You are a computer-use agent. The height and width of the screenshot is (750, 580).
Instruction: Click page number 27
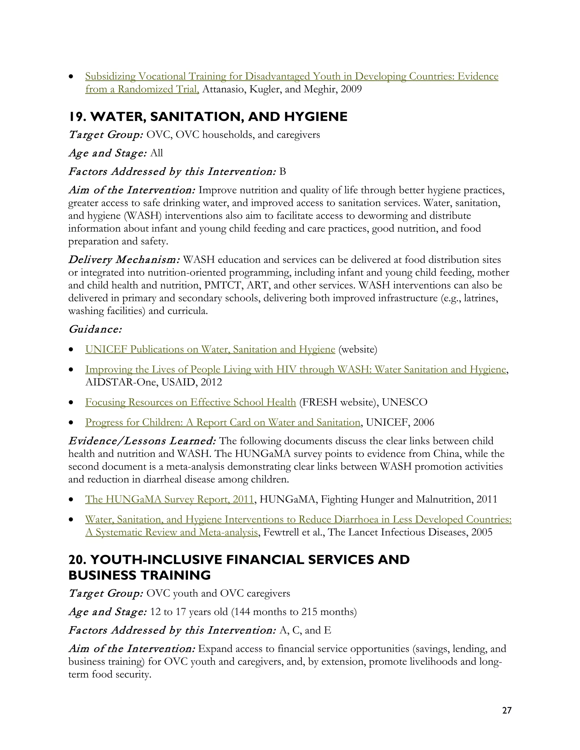506,710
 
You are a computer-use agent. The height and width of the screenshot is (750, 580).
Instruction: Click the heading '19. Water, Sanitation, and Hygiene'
208,117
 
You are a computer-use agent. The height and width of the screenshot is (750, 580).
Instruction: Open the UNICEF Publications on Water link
210,349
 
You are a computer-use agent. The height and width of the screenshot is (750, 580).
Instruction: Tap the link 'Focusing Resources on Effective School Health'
190,402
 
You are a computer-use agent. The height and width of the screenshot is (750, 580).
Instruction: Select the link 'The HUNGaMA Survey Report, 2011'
169,499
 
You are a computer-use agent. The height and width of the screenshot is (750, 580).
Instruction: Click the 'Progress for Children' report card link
223,422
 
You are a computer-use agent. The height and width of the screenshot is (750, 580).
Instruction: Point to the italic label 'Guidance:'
95,329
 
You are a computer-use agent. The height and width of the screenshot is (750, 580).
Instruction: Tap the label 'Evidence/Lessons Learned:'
142,441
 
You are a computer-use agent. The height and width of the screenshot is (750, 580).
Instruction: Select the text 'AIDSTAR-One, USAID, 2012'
153,382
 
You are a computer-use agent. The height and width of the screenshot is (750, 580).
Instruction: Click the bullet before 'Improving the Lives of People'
71,370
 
